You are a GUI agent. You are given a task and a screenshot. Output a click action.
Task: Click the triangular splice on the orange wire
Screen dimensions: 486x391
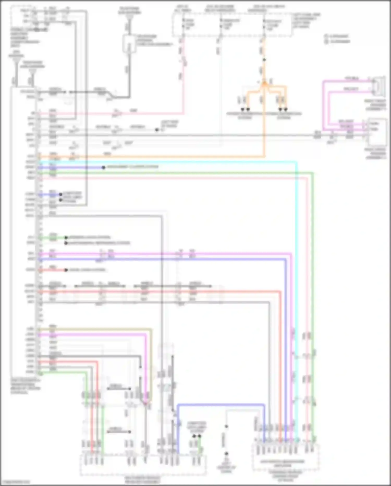coord(264,83)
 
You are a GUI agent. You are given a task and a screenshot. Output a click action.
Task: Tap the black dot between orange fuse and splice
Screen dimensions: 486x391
coord(264,60)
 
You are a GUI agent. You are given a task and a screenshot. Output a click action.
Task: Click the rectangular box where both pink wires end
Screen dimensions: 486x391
coord(377,132)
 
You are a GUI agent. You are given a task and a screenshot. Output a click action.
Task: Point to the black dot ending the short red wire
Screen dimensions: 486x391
coord(66,270)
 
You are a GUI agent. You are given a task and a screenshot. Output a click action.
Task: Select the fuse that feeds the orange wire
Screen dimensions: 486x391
coord(264,25)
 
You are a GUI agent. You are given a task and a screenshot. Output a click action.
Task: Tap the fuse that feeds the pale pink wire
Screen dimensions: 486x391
coord(184,25)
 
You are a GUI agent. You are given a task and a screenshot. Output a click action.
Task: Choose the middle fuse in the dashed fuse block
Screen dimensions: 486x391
coord(221,25)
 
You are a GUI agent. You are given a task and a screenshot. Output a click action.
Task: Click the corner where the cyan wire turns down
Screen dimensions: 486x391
coord(296,162)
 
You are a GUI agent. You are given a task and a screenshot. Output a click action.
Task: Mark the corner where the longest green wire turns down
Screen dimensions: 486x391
coord(313,173)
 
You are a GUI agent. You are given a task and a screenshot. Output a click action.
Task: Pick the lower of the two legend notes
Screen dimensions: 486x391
coord(338,41)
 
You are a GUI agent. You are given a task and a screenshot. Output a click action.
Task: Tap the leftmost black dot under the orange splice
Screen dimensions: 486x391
coord(242,109)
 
